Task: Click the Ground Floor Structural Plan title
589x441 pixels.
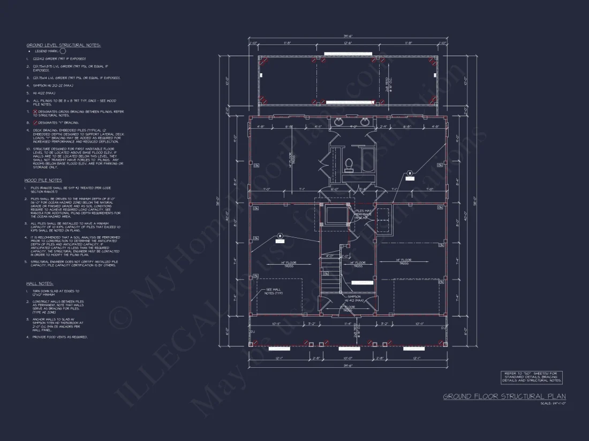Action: (504, 397)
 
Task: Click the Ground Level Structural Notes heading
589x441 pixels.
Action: (63, 45)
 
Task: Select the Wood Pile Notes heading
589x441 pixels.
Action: (43, 181)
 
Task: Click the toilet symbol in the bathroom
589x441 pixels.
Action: (348, 165)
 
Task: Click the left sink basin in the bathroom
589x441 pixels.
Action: (338, 122)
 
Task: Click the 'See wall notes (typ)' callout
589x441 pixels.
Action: (273, 291)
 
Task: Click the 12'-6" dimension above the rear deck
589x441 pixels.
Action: (348, 43)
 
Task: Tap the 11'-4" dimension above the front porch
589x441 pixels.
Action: (348, 323)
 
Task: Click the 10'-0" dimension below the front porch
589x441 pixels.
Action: (348, 358)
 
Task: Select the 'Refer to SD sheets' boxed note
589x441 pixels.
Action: (531, 377)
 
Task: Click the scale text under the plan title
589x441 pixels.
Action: (553, 404)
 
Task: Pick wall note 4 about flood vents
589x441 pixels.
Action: (57, 337)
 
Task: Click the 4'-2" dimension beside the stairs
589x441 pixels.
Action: (330, 256)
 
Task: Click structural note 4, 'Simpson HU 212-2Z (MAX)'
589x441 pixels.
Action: (54, 85)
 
